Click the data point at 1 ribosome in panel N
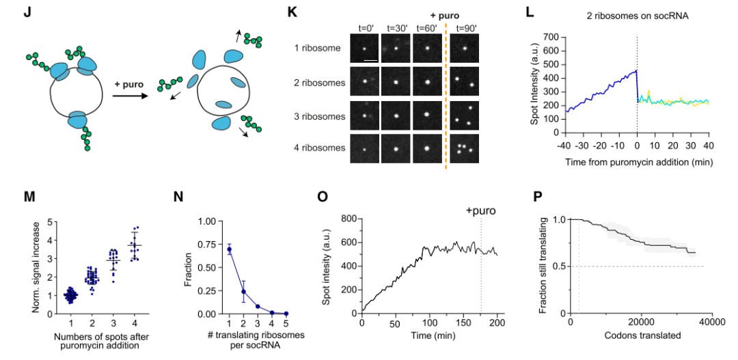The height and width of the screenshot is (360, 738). tap(230, 249)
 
